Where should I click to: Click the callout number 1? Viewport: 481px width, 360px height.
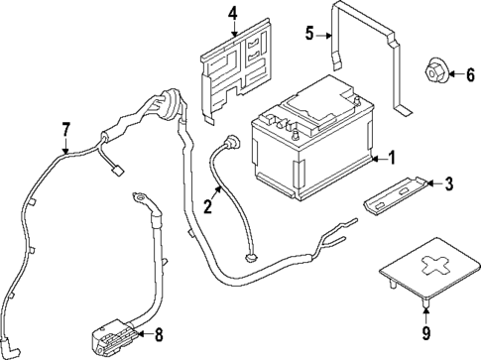(x=392, y=157)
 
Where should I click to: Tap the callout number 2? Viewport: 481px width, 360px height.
(x=208, y=208)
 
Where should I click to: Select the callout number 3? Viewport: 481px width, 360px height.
(x=448, y=182)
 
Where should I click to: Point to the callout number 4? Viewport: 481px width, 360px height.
(x=233, y=14)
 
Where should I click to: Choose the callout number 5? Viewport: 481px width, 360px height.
(x=309, y=34)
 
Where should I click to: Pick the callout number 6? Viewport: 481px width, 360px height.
(x=470, y=73)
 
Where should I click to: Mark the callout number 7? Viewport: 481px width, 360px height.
(x=66, y=128)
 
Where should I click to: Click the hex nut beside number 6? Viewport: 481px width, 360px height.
(x=435, y=72)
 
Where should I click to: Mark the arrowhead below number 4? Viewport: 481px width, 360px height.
(x=233, y=34)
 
